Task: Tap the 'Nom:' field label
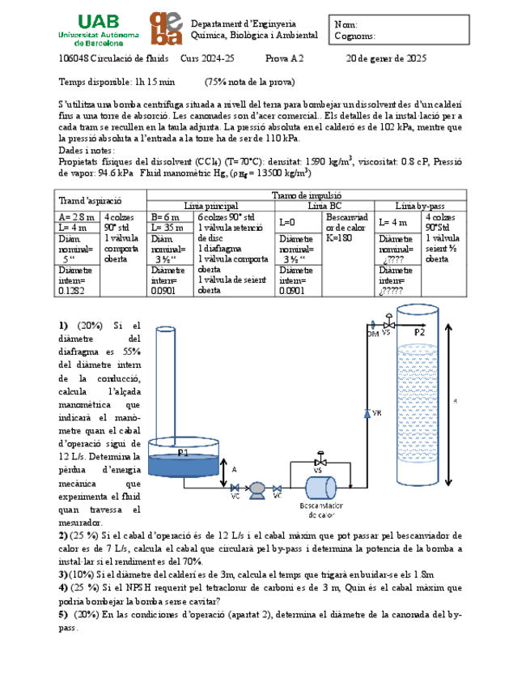coord(346,25)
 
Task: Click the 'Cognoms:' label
coord(355,36)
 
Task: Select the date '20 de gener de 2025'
coord(386,59)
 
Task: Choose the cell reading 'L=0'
coord(287,222)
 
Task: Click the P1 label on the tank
coord(183,453)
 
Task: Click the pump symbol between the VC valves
coord(257,488)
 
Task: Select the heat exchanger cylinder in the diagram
coord(320,488)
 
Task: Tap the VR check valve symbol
coord(367,413)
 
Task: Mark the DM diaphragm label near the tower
coord(373,333)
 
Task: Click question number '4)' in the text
coord(64,587)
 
